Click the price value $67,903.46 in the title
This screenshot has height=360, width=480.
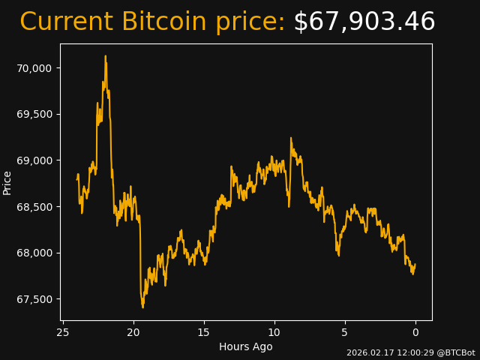[364, 22]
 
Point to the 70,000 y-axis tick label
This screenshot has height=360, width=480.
[34, 68]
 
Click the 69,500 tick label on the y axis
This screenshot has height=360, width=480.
[34, 115]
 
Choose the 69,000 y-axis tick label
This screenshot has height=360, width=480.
[34, 160]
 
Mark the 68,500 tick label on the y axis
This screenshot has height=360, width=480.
[34, 207]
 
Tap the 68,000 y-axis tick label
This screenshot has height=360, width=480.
[34, 253]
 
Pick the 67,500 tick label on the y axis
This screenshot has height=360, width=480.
[34, 299]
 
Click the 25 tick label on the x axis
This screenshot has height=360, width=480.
[63, 332]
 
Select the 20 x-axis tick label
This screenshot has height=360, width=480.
[133, 332]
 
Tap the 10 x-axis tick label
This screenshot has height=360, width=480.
[274, 332]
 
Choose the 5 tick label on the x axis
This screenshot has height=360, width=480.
[345, 332]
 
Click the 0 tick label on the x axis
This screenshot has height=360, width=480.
[415, 332]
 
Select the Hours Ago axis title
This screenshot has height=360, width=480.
[246, 346]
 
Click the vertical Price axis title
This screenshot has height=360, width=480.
[7, 182]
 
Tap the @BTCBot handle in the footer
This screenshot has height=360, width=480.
[457, 352]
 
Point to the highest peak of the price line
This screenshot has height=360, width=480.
[105, 56]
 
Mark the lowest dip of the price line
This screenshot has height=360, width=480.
[142, 307]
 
